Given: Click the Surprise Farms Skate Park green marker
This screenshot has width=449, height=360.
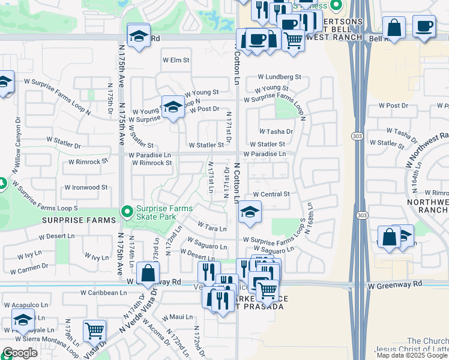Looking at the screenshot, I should [127, 212].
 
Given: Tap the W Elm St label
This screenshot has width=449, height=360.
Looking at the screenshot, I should [176, 61].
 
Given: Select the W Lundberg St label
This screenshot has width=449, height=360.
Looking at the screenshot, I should [279, 77].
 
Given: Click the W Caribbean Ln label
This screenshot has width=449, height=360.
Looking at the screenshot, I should [104, 293].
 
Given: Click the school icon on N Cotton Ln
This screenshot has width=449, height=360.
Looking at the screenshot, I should [250, 212].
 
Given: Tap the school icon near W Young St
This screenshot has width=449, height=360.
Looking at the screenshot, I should [173, 107].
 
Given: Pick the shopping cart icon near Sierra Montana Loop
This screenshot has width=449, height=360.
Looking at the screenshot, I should [94, 330].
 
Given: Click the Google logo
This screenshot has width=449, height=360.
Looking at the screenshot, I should [20, 353].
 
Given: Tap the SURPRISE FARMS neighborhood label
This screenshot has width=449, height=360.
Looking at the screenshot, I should [78, 220].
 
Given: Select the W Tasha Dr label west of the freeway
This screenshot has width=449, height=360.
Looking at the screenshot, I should [276, 131].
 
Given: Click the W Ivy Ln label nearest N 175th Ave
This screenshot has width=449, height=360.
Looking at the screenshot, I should [92, 257].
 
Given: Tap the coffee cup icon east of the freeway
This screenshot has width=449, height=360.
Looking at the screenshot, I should [424, 26].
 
